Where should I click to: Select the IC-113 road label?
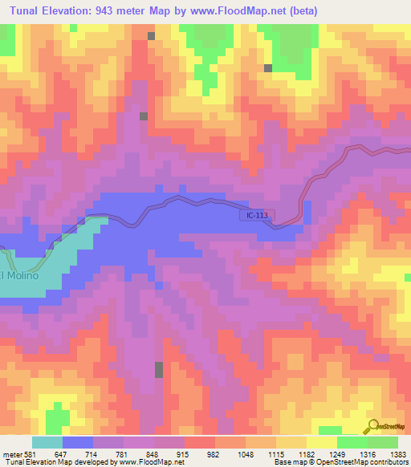257,215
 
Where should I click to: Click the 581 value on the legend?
31,454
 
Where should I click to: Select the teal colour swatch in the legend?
47,442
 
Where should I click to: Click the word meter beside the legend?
11,454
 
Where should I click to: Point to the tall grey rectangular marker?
159,370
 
